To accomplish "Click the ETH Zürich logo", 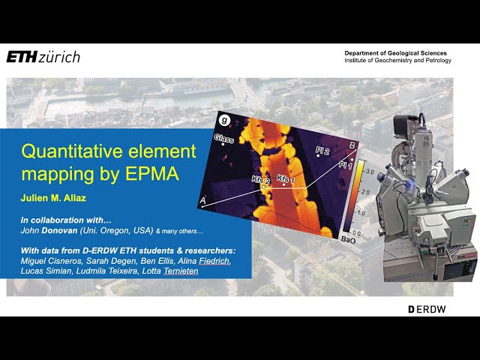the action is [x=43, y=57].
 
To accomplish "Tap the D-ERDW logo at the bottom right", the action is [x=427, y=309].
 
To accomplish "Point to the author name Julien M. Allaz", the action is [x=53, y=198].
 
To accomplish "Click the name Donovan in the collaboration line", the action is [x=59, y=230].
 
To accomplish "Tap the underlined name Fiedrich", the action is [x=215, y=261].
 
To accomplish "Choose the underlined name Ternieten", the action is [x=181, y=271].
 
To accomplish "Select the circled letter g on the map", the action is [x=225, y=120].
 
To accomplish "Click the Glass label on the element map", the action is [x=224, y=138].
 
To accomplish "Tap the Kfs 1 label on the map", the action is [x=286, y=179].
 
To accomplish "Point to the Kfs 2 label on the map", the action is [x=261, y=180].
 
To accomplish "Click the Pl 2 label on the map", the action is [x=322, y=151].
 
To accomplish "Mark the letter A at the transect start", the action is [x=202, y=201].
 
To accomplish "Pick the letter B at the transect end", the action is [x=352, y=145].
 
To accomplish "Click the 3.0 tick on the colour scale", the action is [x=370, y=172].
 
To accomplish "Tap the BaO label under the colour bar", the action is [x=348, y=240].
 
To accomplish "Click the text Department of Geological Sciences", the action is [x=395, y=53].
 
